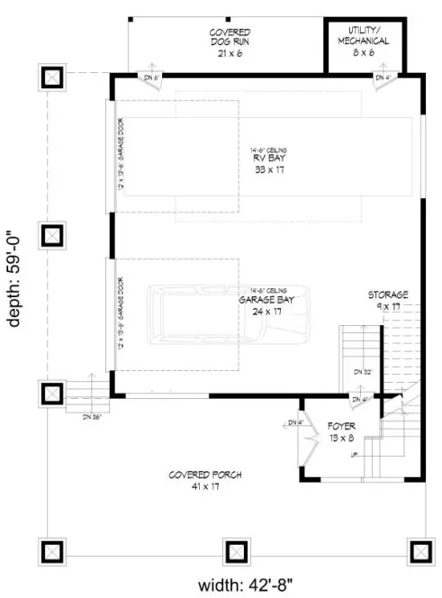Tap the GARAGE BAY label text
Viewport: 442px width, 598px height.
point(264,300)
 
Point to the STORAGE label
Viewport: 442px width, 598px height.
point(388,294)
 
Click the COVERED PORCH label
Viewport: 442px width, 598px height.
point(194,475)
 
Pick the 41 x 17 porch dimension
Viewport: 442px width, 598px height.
point(194,486)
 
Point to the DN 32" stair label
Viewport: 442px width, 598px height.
point(363,370)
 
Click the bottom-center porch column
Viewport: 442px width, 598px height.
point(235,550)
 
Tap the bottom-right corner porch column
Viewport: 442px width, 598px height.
point(418,550)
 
